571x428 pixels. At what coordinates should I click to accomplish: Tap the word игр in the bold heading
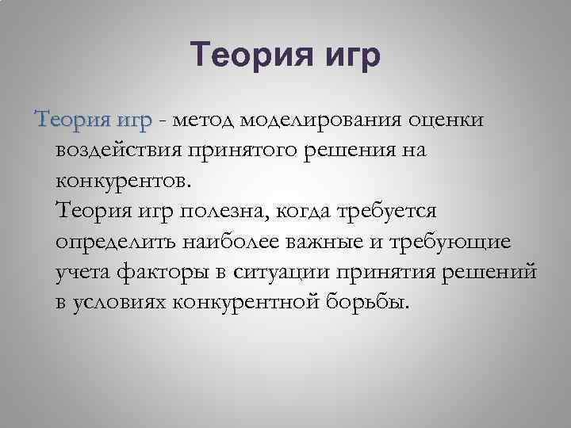click(x=347, y=57)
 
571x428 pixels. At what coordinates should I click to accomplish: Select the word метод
click(x=203, y=121)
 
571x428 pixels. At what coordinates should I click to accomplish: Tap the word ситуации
click(x=283, y=273)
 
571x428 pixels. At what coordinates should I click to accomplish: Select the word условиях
click(x=117, y=303)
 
